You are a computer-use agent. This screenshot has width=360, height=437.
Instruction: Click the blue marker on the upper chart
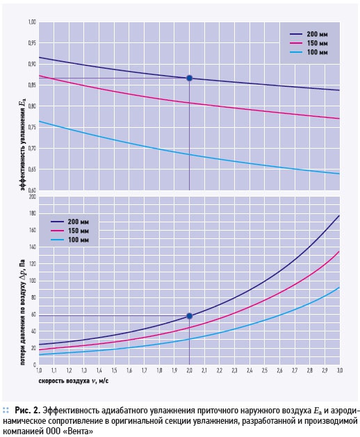click(x=189, y=78)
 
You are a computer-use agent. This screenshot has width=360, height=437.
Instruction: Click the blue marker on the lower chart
click(x=189, y=316)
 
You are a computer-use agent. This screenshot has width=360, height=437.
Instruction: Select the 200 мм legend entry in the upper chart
click(x=309, y=34)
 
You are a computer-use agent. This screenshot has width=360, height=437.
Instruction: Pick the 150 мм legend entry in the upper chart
click(x=309, y=43)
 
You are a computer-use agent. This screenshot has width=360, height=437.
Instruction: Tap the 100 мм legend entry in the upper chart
click(x=309, y=52)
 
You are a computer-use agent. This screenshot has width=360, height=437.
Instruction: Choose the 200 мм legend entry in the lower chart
click(x=69, y=222)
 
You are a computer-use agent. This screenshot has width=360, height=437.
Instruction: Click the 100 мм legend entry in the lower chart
click(x=69, y=240)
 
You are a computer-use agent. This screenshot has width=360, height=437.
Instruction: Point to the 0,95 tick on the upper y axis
click(x=32, y=43)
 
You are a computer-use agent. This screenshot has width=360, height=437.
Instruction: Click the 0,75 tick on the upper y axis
click(x=32, y=127)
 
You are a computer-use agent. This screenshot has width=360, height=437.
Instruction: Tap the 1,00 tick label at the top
click(x=32, y=22)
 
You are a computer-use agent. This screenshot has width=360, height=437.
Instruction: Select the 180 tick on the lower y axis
click(x=33, y=213)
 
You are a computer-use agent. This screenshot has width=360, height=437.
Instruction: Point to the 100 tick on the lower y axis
click(x=33, y=281)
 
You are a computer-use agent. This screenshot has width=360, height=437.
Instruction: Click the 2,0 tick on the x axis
click(x=189, y=370)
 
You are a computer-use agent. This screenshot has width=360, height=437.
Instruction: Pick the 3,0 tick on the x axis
click(x=339, y=370)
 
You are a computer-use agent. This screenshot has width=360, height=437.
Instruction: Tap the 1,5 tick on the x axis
click(x=114, y=370)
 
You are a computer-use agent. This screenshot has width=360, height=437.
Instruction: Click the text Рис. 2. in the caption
click(x=28, y=411)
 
